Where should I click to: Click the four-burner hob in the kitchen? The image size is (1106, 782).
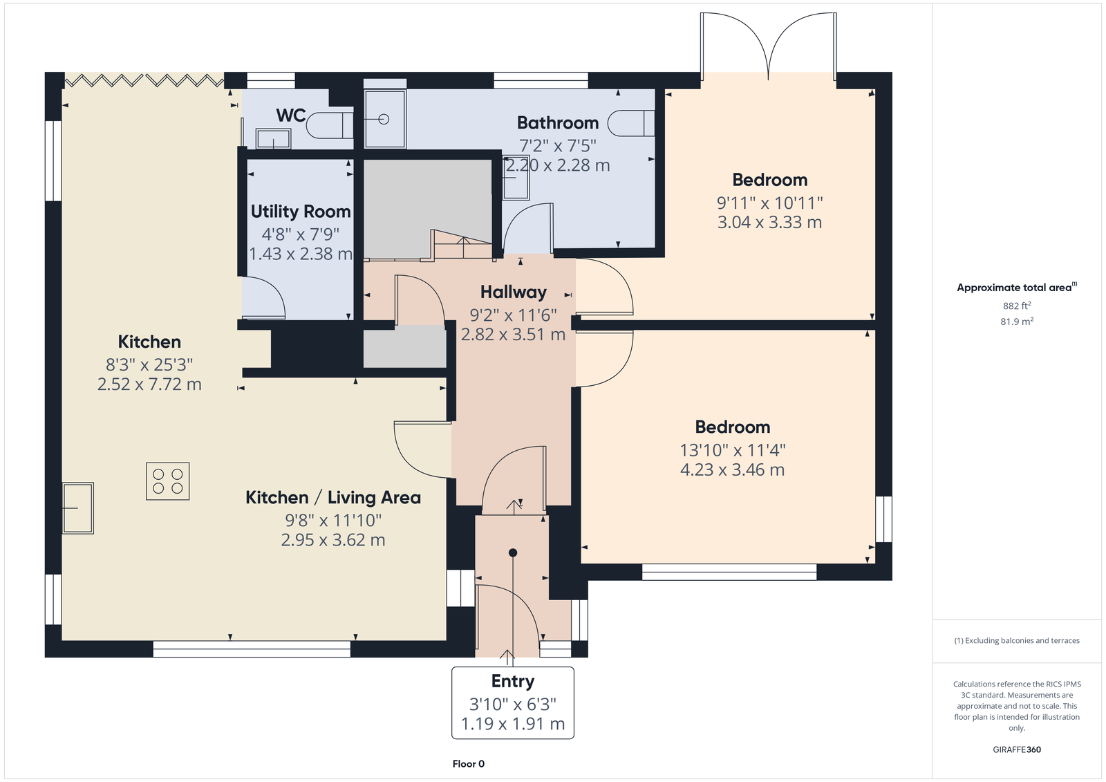167,481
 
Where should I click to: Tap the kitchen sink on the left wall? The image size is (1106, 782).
78,508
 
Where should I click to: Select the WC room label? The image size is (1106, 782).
291,115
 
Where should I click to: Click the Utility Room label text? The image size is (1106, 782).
301,212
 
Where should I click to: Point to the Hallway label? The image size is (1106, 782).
514,292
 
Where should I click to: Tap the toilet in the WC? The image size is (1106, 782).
330,125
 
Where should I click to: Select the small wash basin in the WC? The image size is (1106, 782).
274,139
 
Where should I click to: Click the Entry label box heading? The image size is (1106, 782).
512,681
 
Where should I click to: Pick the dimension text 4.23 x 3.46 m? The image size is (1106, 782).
732,469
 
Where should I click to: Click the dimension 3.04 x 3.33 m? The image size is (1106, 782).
769,223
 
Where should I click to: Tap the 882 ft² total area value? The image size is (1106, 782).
1017,306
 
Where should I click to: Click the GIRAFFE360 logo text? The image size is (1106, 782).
1017,750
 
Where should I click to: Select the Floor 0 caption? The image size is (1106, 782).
468,764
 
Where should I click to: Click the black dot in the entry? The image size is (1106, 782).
513,552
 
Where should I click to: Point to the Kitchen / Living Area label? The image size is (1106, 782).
333,497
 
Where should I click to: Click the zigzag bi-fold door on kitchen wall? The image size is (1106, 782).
144,80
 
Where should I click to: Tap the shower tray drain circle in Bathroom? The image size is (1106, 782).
384,119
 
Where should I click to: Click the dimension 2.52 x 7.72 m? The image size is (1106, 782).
149,384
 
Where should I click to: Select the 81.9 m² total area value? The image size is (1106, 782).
1017,321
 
